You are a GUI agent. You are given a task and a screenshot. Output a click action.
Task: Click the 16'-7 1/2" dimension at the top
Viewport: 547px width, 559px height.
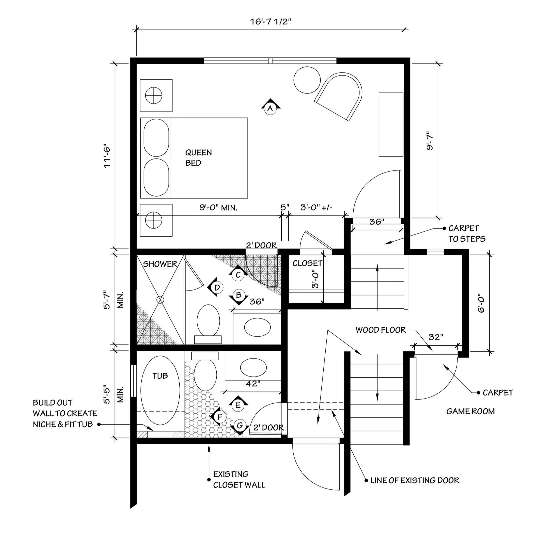pos(271,21)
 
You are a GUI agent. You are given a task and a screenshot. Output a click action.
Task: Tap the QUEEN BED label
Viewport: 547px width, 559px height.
pos(198,158)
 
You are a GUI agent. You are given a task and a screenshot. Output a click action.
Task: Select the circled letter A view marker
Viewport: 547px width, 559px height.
pos(270,108)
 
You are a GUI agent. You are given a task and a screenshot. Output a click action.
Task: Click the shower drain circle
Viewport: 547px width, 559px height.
pos(160,300)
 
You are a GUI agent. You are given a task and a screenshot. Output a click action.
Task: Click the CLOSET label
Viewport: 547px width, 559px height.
pos(307,263)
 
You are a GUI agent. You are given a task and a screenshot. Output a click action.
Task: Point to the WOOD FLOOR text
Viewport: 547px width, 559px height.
pos(381,330)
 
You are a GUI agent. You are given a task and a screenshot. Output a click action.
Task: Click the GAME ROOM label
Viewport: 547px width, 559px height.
pos(470,411)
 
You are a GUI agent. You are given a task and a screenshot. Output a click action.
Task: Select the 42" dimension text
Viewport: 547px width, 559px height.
pos(253,383)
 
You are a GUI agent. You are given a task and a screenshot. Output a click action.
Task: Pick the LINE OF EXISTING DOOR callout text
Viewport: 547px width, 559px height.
pos(415,480)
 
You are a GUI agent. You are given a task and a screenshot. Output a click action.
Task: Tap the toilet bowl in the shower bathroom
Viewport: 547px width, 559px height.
pos(208,320)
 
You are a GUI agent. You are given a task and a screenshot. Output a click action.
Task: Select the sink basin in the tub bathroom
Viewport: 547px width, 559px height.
pos(253,367)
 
